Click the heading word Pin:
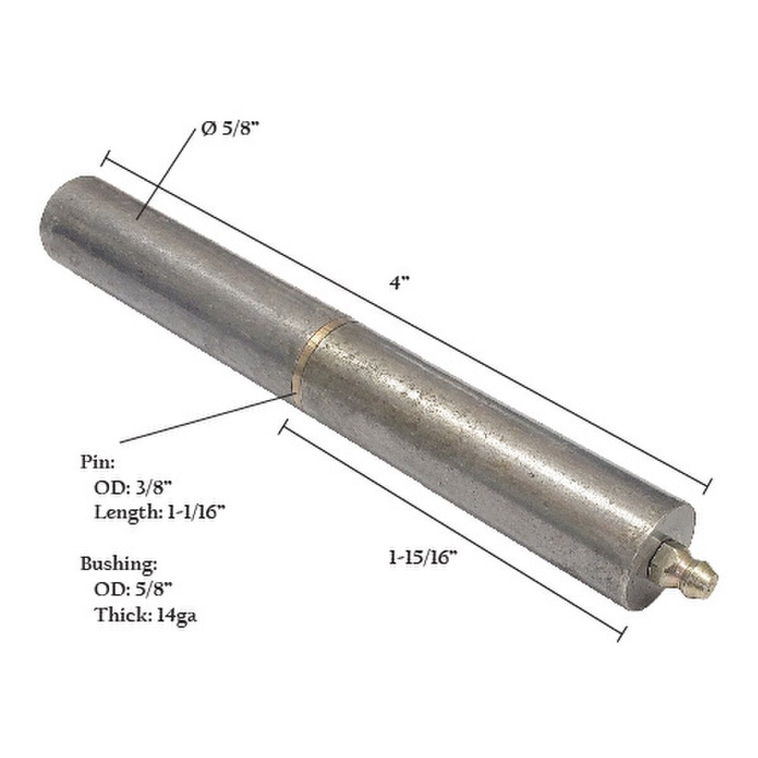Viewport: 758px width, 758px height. [x=97, y=462]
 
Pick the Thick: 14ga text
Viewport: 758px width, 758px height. [x=145, y=614]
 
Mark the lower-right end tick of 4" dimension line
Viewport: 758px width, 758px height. [x=709, y=484]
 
